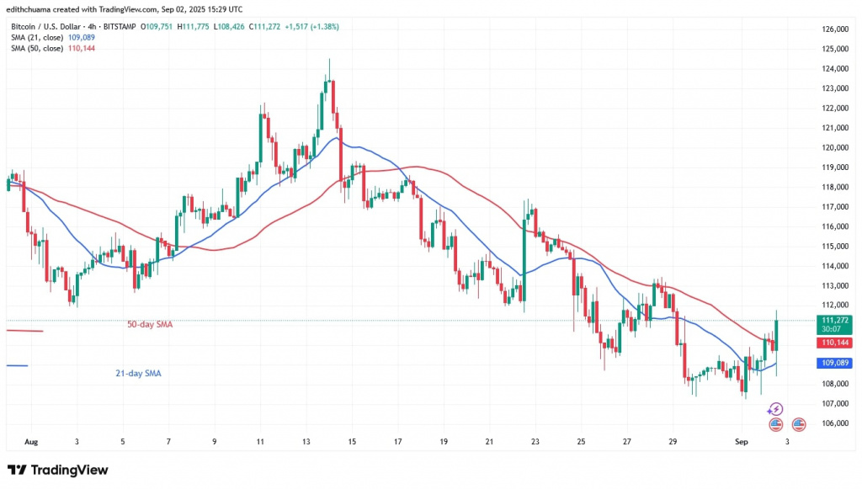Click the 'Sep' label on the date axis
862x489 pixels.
click(x=742, y=441)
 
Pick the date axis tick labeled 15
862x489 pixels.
click(x=352, y=441)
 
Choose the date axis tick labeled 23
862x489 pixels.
click(x=535, y=441)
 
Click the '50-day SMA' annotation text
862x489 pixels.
click(x=150, y=324)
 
